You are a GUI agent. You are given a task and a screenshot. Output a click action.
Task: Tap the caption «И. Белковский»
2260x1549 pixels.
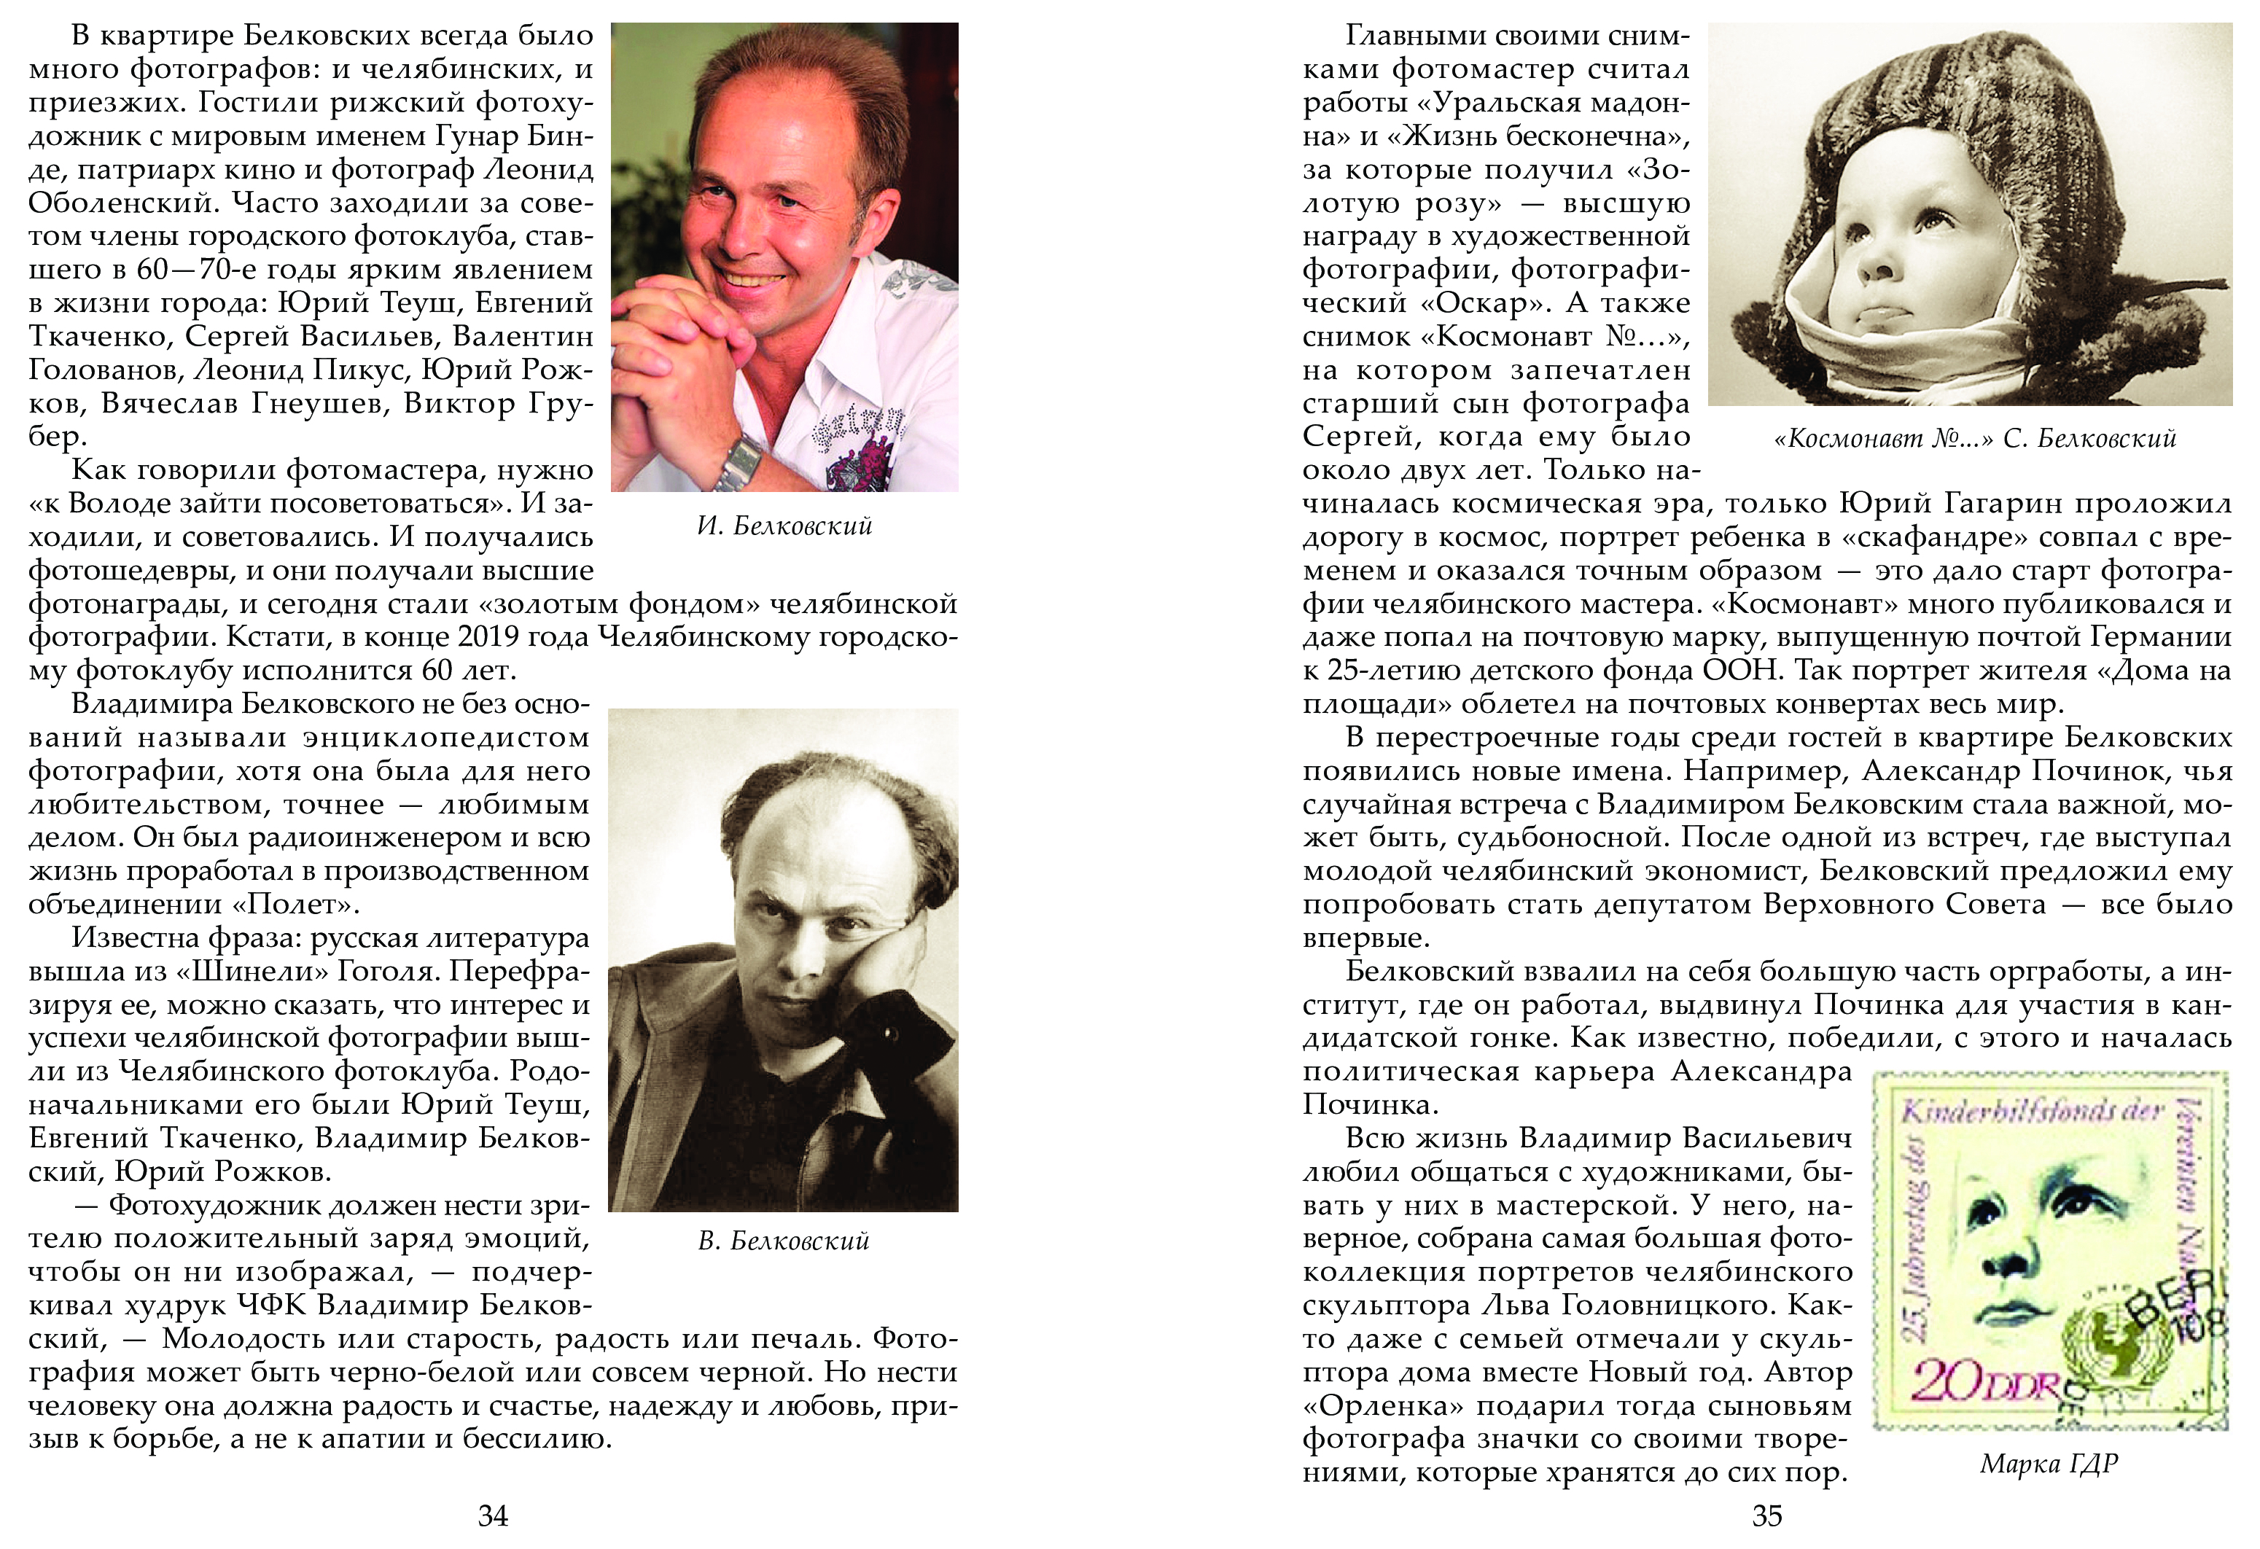click(784, 526)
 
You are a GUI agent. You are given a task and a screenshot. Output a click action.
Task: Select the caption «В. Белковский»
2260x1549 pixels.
click(783, 1241)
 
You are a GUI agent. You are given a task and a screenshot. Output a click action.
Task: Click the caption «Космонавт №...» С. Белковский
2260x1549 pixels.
click(1974, 439)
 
